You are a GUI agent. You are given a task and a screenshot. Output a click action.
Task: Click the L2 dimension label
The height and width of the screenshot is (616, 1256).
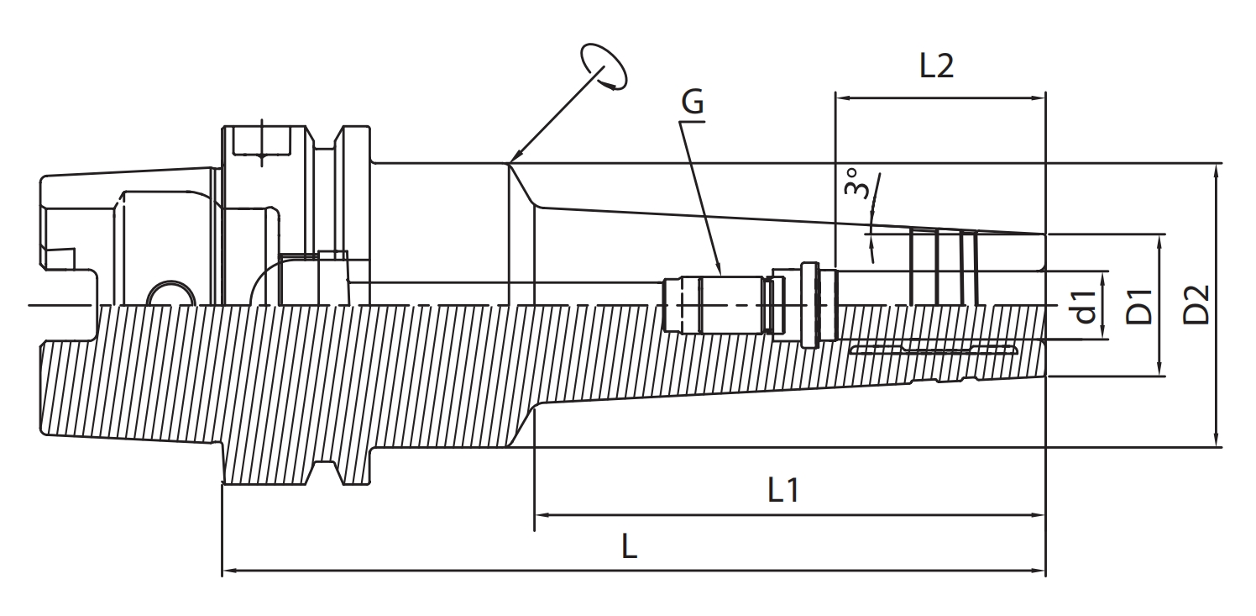pyautogui.click(x=936, y=66)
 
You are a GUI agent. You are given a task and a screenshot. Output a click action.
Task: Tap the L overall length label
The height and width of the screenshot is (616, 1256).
pyautogui.click(x=630, y=547)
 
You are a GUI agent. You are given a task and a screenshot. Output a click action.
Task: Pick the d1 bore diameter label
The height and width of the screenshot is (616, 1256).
pyautogui.click(x=1086, y=306)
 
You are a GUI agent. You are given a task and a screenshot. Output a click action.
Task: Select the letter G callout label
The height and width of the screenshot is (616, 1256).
pyautogui.click(x=693, y=103)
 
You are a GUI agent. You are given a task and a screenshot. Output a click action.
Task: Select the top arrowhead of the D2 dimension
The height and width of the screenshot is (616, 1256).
pyautogui.click(x=1217, y=169)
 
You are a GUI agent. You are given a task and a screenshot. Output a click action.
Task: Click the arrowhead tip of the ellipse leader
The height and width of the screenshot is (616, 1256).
pyautogui.click(x=511, y=161)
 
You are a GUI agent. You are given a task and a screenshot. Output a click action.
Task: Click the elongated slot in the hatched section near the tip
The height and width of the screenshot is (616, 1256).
pyautogui.click(x=932, y=349)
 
